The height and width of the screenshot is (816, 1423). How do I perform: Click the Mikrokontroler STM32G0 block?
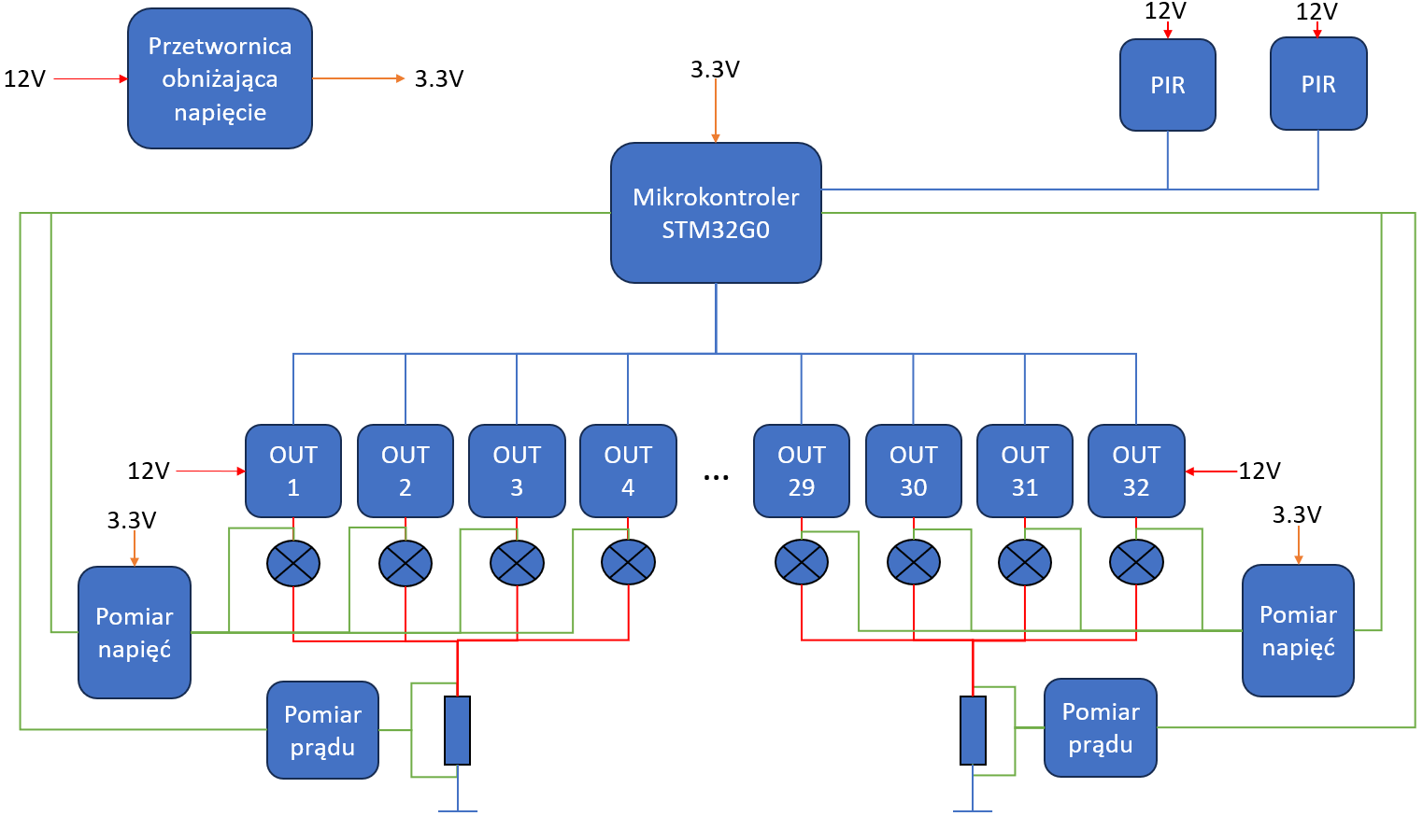click(x=716, y=213)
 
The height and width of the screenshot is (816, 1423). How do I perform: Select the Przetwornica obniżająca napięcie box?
click(x=220, y=79)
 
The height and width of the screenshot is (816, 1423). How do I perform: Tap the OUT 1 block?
click(x=293, y=471)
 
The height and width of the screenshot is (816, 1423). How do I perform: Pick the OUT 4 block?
click(x=628, y=471)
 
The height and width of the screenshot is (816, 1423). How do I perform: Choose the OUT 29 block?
click(x=802, y=471)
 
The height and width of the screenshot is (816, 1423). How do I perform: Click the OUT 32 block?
click(x=1136, y=471)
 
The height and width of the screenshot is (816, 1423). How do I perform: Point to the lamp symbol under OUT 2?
click(x=406, y=563)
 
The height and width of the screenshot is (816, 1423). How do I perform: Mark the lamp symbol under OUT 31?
click(x=1025, y=563)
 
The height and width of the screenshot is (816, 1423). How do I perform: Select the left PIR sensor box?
click(x=1168, y=85)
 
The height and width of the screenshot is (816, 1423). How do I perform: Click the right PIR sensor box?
click(x=1318, y=84)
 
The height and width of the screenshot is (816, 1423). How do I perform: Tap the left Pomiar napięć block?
click(x=135, y=632)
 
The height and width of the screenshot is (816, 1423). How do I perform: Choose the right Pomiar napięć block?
click(x=1298, y=630)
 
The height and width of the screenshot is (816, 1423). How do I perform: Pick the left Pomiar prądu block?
click(x=322, y=730)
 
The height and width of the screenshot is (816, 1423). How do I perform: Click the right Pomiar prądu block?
click(x=1101, y=727)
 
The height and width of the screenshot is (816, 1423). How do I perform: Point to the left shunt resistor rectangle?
click(x=457, y=730)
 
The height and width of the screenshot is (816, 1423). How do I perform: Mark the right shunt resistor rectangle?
click(x=973, y=730)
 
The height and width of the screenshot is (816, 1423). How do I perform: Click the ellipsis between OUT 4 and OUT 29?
click(x=716, y=477)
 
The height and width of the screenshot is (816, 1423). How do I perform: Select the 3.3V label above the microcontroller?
click(x=715, y=69)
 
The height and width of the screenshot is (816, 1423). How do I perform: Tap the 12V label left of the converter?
click(x=25, y=79)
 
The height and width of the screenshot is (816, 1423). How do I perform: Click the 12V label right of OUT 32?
click(x=1259, y=471)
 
